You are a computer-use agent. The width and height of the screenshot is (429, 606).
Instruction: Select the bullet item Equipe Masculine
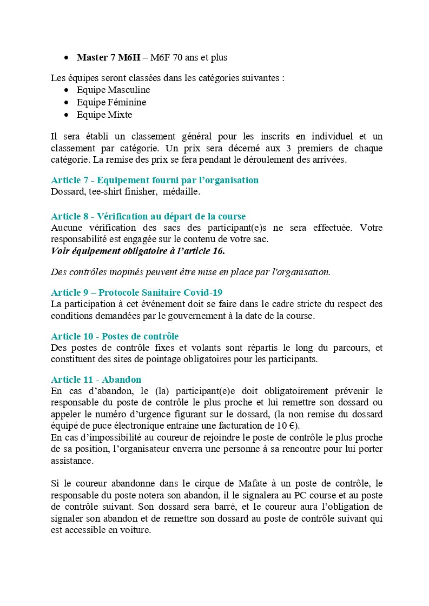tap(113, 90)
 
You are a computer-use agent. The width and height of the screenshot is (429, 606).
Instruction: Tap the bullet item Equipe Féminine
tap(111, 102)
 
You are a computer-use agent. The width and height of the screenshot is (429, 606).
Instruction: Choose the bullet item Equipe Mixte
tap(104, 115)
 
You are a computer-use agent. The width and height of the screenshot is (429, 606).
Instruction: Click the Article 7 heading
tap(155, 180)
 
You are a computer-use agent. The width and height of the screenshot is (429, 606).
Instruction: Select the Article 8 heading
tap(148, 216)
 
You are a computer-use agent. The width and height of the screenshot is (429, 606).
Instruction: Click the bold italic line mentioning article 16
tap(138, 250)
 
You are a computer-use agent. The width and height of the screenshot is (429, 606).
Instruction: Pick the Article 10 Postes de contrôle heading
tap(115, 336)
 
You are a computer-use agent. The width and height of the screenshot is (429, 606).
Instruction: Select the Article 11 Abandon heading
tap(96, 379)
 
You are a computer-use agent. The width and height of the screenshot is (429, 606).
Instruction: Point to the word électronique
tap(131, 425)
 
